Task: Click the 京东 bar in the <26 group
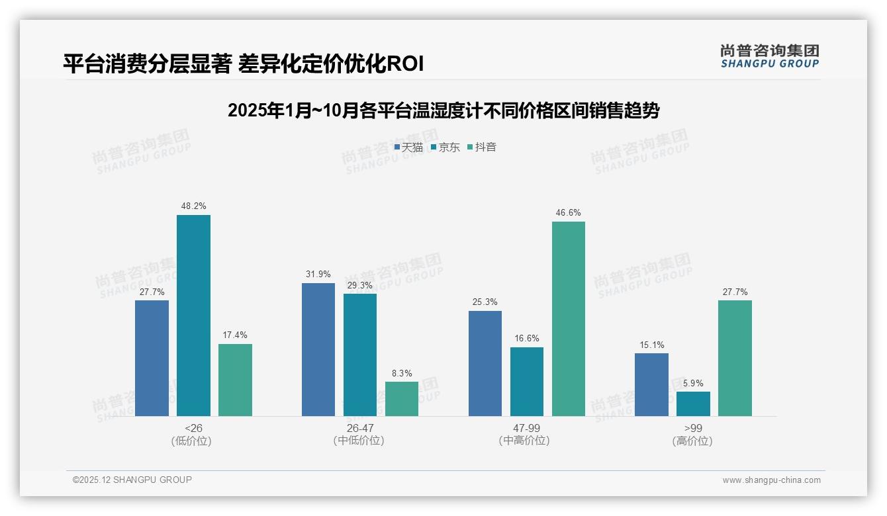pos(193,316)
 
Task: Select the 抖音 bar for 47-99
pos(569,319)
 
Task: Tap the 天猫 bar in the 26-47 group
pos(318,349)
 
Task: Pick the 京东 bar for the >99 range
pos(693,404)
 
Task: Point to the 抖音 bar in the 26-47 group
pos(402,399)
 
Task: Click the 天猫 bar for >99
pos(651,384)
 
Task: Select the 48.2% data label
pos(193,206)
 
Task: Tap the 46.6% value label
pos(569,212)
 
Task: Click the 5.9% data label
pos(693,383)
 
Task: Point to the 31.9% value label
pos(318,274)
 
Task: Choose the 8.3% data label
pos(402,373)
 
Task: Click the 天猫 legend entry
pos(408,148)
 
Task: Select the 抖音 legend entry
pos(482,148)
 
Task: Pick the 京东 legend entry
pos(445,148)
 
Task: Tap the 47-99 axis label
pos(526,428)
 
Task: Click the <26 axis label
pos(193,428)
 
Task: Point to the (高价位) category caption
pos(693,441)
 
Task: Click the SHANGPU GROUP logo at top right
pos(770,56)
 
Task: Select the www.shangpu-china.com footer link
pos(771,480)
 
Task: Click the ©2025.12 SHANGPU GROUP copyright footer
pos(132,480)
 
